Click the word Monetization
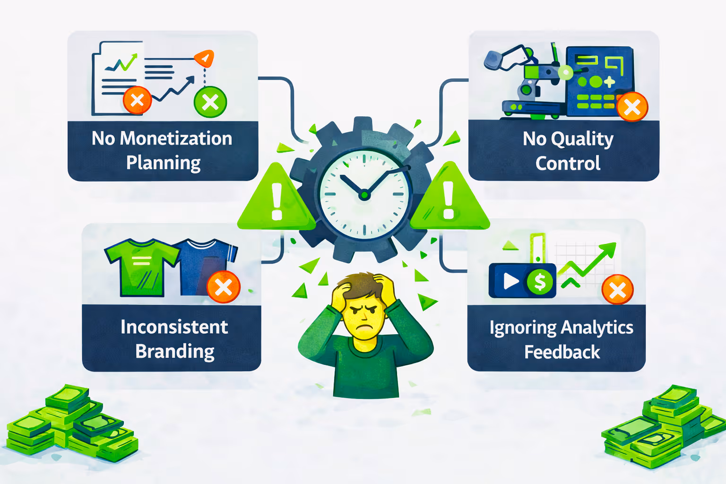[176, 138]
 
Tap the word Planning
[163, 163]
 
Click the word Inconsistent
[174, 327]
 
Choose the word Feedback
[562, 352]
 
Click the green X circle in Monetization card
[210, 102]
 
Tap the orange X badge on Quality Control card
[632, 107]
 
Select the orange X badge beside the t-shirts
[223, 287]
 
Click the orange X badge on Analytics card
[617, 289]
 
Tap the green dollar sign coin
[540, 282]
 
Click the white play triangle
[510, 281]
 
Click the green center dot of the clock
[364, 194]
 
